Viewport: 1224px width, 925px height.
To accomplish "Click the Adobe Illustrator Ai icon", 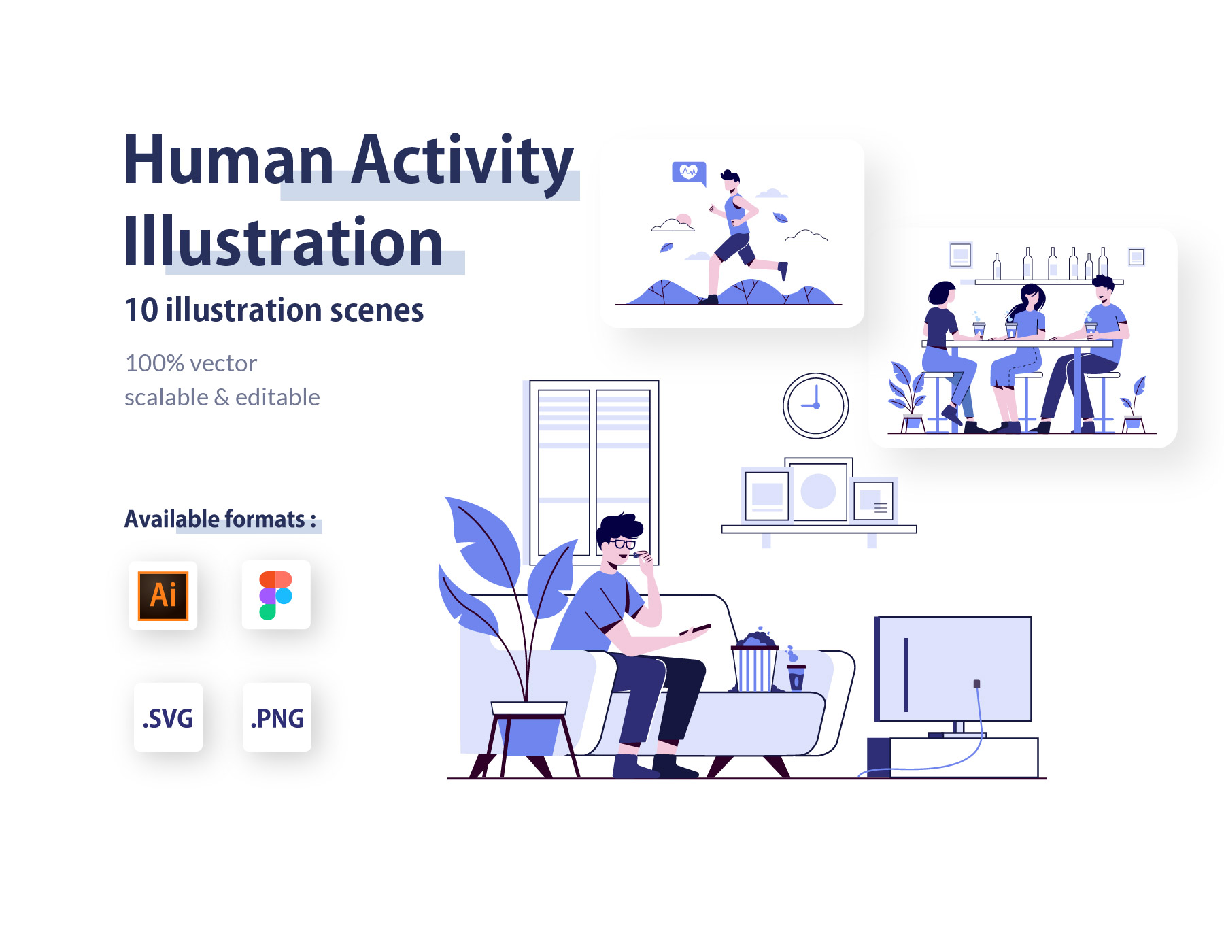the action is tap(163, 596).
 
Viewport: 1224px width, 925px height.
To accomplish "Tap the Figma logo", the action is tap(275, 596).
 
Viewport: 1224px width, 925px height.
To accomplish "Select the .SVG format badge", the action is tap(168, 718).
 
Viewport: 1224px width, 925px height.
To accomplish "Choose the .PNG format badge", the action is tap(277, 718).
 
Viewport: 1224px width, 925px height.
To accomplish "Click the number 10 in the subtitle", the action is tap(141, 310).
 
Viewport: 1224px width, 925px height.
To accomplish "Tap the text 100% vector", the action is tap(191, 363).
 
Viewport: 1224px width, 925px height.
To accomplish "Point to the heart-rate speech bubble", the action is tap(689, 173).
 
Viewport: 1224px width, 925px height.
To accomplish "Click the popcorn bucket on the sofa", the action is tap(755, 662).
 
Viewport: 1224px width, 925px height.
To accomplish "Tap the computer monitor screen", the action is tap(953, 669).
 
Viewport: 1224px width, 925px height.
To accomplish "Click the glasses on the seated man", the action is tap(623, 543).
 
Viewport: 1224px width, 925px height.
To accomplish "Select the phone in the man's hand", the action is tap(695, 629).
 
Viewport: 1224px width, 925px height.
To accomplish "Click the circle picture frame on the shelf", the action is tap(818, 491).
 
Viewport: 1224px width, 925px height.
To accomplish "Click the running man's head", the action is tap(730, 181).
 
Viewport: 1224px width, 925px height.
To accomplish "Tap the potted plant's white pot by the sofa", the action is tap(529, 709).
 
